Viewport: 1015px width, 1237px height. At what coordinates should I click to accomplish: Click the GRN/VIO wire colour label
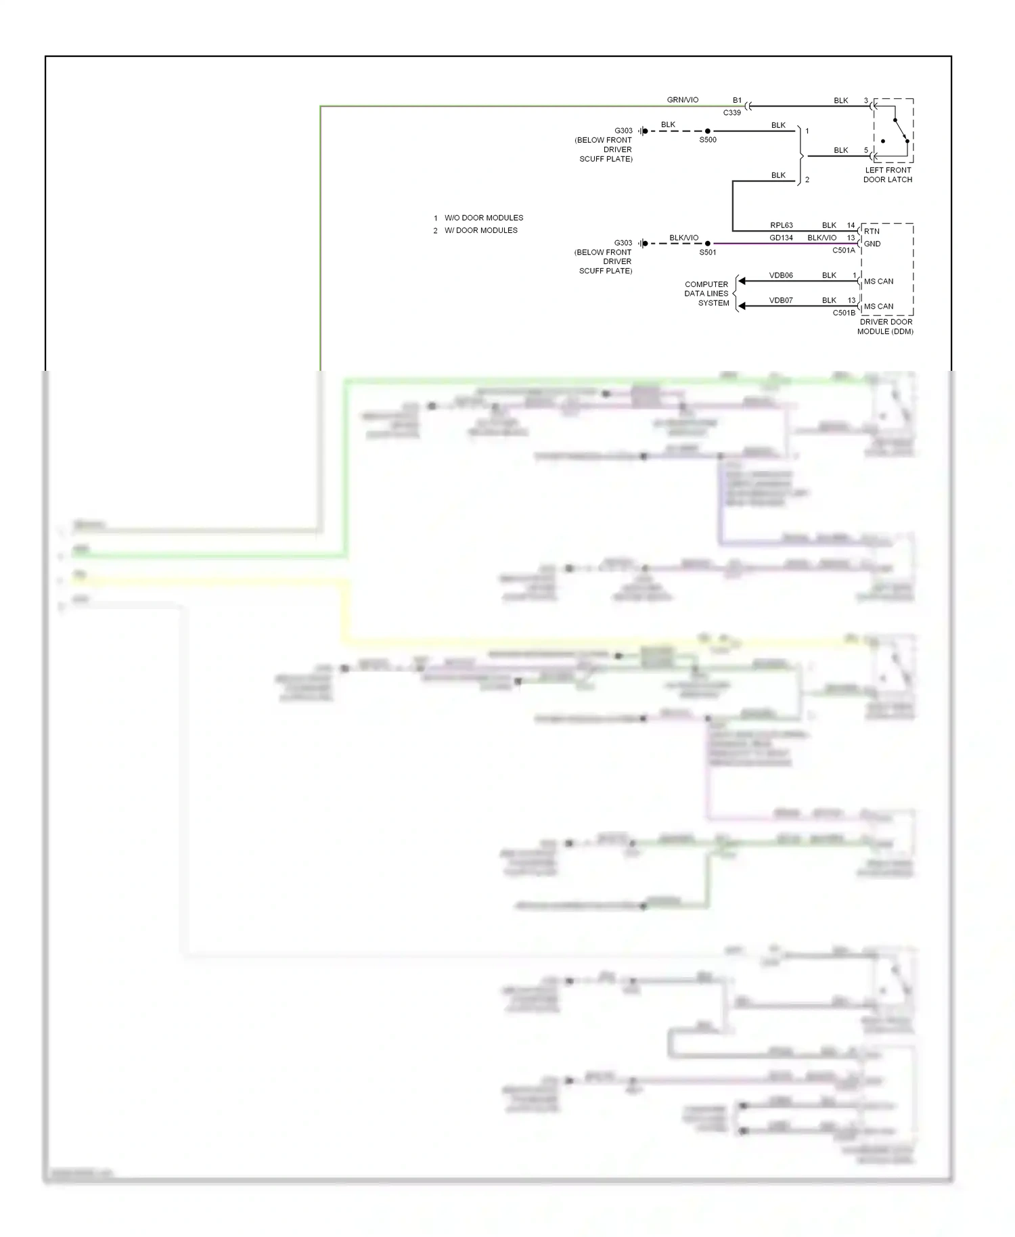pyautogui.click(x=682, y=100)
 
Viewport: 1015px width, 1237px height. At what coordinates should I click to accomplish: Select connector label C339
pyautogui.click(x=731, y=113)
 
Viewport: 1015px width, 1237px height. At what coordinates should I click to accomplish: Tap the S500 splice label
pyautogui.click(x=707, y=140)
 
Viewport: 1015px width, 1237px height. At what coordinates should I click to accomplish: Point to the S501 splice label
pyautogui.click(x=707, y=252)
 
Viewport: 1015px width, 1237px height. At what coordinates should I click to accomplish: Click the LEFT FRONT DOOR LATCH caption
pyautogui.click(x=887, y=175)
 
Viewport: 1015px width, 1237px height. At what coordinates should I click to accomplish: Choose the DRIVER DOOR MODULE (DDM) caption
pyautogui.click(x=885, y=327)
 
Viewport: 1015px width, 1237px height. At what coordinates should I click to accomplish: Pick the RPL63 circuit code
pyautogui.click(x=781, y=225)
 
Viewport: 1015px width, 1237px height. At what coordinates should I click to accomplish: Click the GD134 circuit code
pyautogui.click(x=781, y=238)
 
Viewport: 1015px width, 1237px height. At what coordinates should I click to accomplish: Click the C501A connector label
pyautogui.click(x=843, y=250)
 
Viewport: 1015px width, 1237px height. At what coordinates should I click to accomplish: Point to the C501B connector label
pyautogui.click(x=843, y=313)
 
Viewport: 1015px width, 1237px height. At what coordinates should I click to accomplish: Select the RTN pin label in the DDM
pyautogui.click(x=872, y=231)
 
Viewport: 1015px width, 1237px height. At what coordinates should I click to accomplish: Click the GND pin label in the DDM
pyautogui.click(x=872, y=244)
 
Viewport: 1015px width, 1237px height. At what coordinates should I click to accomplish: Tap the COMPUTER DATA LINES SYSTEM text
pyautogui.click(x=706, y=294)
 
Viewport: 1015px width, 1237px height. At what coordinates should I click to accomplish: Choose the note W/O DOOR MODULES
pyautogui.click(x=483, y=218)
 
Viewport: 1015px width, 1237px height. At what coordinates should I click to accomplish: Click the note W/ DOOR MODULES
pyautogui.click(x=480, y=230)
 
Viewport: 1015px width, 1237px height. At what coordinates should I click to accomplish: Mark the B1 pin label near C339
pyautogui.click(x=737, y=100)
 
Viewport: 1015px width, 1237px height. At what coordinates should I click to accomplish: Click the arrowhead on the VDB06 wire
pyautogui.click(x=742, y=281)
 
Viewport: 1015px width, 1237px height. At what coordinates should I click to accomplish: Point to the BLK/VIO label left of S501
pyautogui.click(x=683, y=238)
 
